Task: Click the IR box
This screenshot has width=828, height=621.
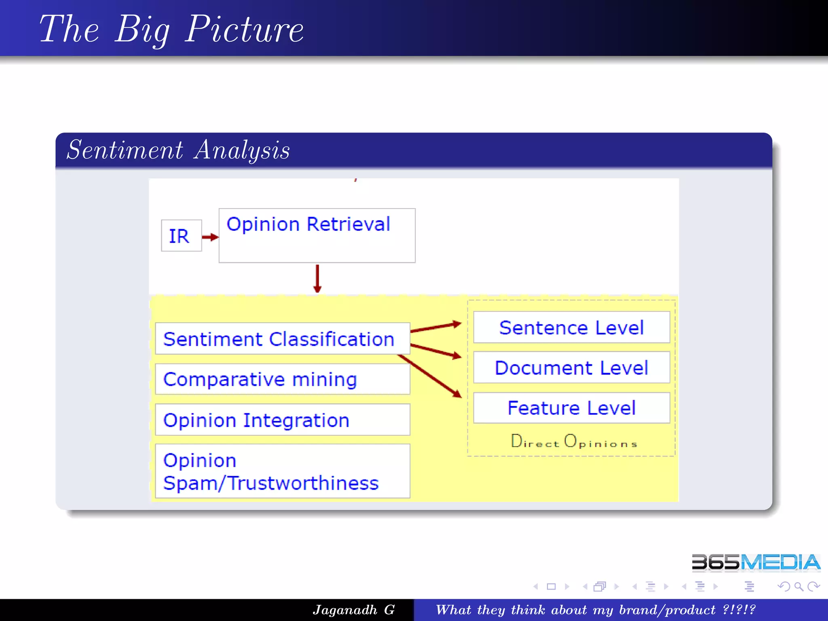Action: click(x=181, y=236)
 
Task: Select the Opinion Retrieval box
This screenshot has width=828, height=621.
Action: click(x=317, y=235)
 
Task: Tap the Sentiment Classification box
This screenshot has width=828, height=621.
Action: click(x=282, y=339)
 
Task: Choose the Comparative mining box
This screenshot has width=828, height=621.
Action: click(x=282, y=379)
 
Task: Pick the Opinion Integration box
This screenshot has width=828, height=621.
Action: click(x=282, y=420)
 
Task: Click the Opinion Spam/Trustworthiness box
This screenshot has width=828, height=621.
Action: click(x=282, y=471)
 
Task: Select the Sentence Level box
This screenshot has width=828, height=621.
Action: click(x=571, y=327)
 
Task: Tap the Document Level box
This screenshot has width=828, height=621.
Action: click(x=571, y=368)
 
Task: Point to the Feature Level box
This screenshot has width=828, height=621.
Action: click(x=571, y=408)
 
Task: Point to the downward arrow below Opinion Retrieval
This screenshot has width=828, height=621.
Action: click(x=317, y=279)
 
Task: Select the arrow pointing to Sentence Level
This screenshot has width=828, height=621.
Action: click(x=436, y=327)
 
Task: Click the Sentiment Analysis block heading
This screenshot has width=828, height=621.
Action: click(x=178, y=150)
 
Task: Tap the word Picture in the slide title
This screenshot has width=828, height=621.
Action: click(x=244, y=29)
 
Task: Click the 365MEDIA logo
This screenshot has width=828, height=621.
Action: click(x=756, y=562)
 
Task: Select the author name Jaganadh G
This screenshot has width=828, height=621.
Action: click(x=354, y=610)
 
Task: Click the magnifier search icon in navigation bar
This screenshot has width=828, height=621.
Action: click(x=798, y=586)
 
